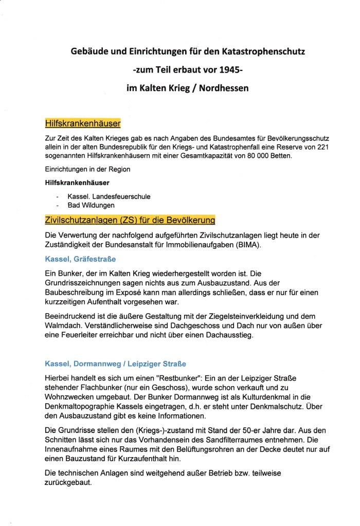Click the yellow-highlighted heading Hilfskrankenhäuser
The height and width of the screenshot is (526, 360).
pyautogui.click(x=83, y=124)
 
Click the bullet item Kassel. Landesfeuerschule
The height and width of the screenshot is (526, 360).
pyautogui.click(x=109, y=197)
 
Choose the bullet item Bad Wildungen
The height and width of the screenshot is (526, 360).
pyautogui.click(x=90, y=206)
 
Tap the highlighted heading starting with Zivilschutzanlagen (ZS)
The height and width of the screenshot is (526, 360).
pyautogui.click(x=130, y=220)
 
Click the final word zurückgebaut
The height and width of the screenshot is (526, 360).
pyautogui.click(x=69, y=482)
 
